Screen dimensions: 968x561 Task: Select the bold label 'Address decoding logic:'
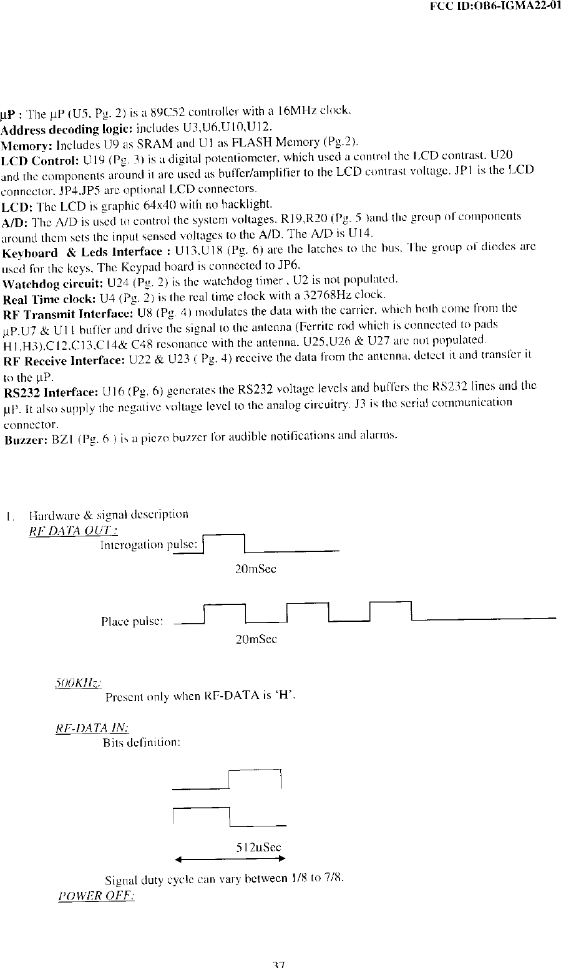pyautogui.click(x=62, y=130)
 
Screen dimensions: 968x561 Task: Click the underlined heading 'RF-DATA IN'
pyautogui.click(x=92, y=727)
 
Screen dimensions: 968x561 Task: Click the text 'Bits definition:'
pyautogui.click(x=142, y=743)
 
